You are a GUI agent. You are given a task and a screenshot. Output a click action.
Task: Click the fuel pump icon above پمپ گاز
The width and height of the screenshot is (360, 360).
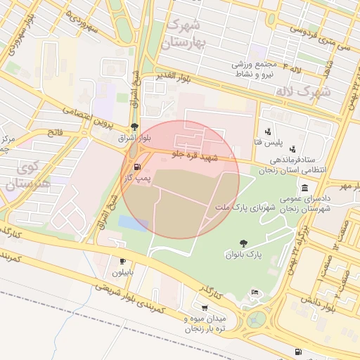136,168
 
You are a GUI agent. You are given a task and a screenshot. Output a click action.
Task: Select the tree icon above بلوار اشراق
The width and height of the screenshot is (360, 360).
134,127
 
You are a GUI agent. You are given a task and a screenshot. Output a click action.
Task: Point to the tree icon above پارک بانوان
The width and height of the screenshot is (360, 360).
243,243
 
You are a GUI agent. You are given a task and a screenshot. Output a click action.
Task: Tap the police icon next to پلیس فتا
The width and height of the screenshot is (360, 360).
268,131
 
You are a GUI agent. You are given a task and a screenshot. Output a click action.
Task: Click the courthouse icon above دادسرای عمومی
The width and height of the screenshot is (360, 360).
304,188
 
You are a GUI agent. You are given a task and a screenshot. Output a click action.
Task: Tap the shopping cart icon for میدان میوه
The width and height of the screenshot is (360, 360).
205,308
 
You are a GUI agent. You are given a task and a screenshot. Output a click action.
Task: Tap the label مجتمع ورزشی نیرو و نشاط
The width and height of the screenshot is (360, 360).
259,69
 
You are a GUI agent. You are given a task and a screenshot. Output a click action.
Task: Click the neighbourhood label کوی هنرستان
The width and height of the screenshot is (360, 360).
25,176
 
